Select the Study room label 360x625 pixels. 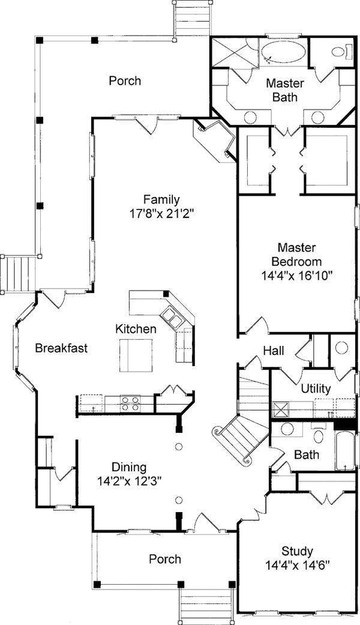(298, 551)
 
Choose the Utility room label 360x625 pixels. (316, 389)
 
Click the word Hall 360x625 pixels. (274, 351)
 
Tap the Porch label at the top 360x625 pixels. (125, 80)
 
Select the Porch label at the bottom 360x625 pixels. (164, 559)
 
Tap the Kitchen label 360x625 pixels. (136, 329)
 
